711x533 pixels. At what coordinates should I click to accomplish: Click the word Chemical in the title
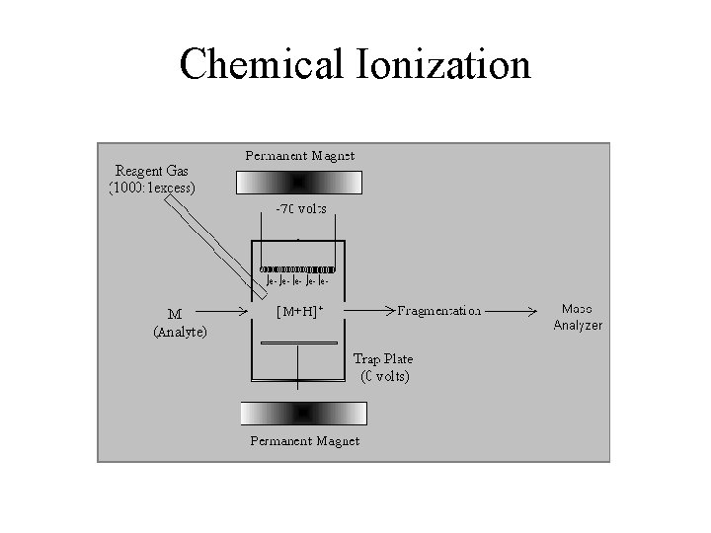260,65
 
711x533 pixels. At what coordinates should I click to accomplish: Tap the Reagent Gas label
152,170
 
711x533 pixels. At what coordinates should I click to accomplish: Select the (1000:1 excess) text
152,187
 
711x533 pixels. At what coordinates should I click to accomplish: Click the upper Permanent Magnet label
299,155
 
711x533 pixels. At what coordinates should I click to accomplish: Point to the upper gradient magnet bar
299,183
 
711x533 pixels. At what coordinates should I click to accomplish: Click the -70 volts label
299,209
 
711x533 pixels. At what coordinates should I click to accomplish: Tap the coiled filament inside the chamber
296,268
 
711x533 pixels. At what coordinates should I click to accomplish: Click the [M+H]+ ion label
299,312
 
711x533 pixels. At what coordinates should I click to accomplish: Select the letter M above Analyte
174,315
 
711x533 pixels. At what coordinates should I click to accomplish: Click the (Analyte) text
180,333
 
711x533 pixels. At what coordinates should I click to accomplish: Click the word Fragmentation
439,311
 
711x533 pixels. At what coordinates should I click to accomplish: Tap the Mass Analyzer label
578,316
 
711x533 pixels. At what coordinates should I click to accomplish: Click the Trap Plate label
383,358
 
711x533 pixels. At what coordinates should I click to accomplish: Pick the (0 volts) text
384,376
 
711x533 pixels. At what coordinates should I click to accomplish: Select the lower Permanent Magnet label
304,440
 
